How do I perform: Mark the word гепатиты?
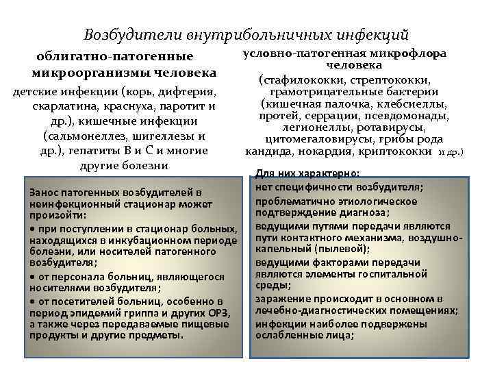click(86, 151)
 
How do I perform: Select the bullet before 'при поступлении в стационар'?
click(32, 227)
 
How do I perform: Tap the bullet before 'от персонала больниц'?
click(32, 277)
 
